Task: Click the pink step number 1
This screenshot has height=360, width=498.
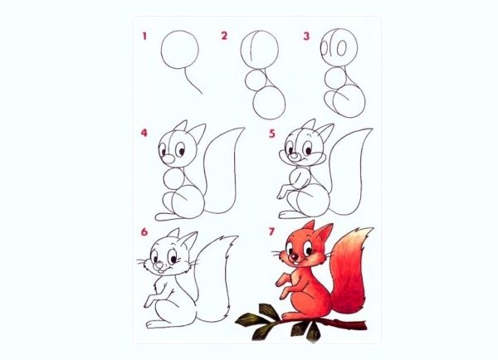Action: [144, 36]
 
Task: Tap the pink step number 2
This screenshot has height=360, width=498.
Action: [224, 36]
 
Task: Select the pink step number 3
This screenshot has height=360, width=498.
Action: [305, 36]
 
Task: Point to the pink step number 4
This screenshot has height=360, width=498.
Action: [144, 133]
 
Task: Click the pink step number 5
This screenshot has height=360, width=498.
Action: [272, 134]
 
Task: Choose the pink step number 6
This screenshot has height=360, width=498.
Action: [144, 232]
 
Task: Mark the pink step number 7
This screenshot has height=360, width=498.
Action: [271, 231]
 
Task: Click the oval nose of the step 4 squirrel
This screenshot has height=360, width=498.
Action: [168, 159]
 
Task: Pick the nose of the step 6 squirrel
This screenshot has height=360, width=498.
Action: [159, 265]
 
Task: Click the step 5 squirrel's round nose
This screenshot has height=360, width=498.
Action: [295, 156]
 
